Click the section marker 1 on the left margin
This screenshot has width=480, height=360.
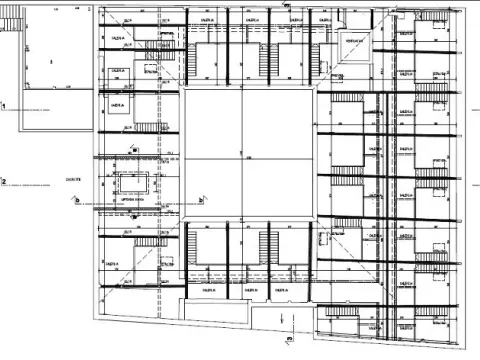[4, 104]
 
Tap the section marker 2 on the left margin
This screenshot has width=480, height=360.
[4, 181]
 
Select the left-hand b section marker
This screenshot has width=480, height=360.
[77, 200]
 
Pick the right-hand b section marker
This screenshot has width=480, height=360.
[462, 201]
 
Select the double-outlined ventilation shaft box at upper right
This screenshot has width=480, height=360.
[352, 42]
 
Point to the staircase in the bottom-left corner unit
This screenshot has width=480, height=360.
[150, 244]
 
